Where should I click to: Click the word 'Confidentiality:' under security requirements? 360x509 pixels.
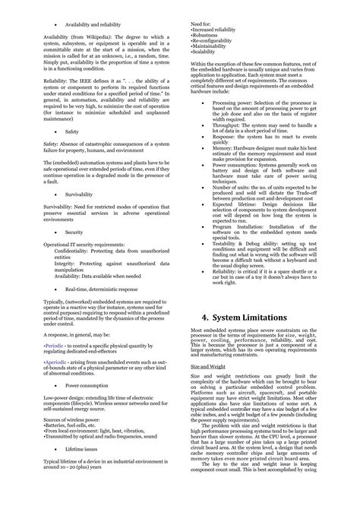click(x=71, y=248)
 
